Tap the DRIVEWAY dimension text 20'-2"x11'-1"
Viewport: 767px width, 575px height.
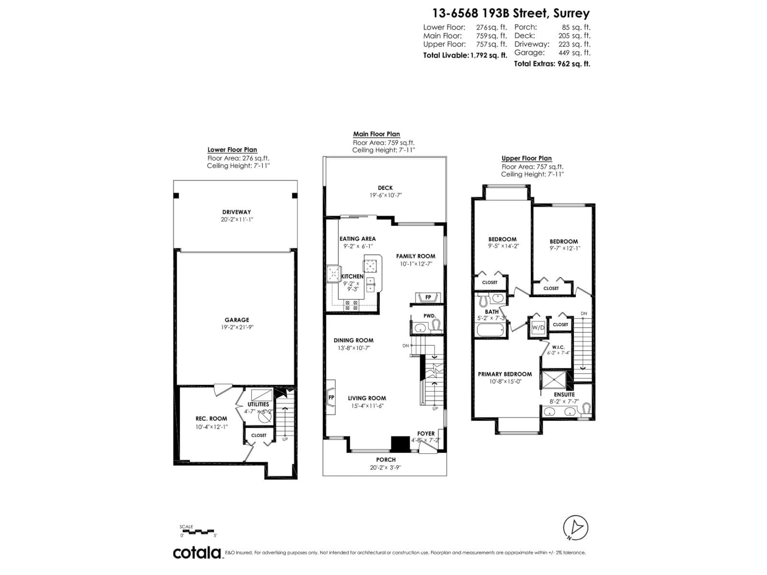point(237,219)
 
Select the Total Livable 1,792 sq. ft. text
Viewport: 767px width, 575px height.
point(465,56)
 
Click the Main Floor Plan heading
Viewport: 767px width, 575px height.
point(376,134)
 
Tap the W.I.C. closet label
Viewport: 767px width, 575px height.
point(558,347)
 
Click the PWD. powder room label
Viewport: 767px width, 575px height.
point(429,316)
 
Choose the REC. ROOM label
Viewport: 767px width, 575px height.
point(211,419)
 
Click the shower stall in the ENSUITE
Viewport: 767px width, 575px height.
point(554,380)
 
